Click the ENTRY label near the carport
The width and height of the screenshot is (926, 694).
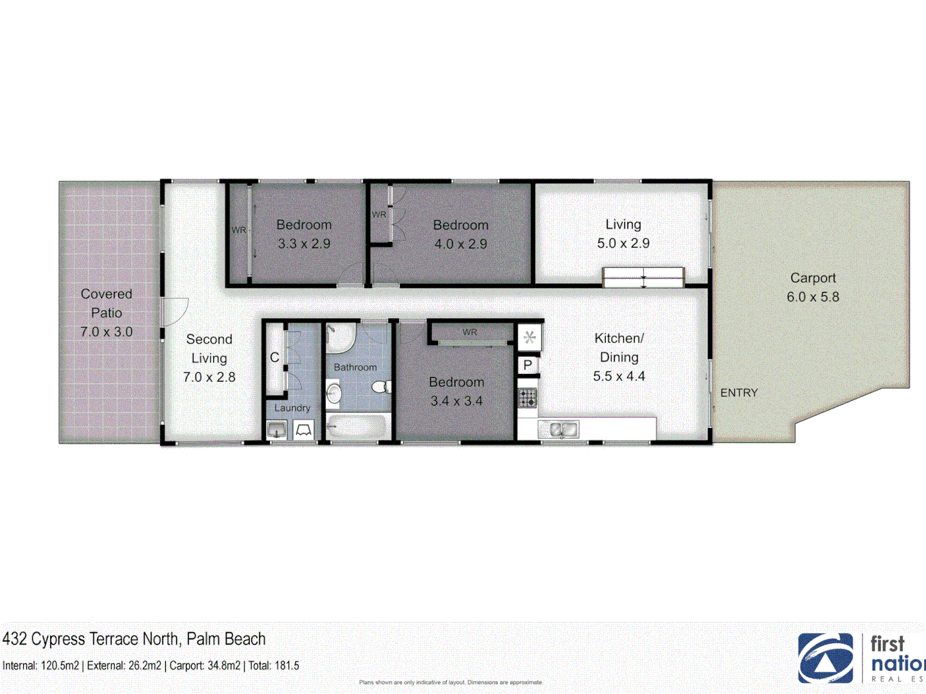(x=739, y=393)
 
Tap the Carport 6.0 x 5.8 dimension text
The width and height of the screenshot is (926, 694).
(x=813, y=297)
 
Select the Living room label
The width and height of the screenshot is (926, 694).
(x=623, y=225)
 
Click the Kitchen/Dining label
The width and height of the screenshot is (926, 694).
(x=619, y=348)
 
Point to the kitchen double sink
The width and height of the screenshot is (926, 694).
(x=559, y=429)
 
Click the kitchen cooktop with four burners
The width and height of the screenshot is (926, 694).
(x=528, y=398)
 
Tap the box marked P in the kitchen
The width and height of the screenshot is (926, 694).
(x=528, y=365)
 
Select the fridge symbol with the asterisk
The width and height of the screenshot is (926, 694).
(x=529, y=337)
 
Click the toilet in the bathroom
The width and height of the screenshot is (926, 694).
(x=381, y=387)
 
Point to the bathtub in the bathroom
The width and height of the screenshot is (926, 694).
(x=357, y=426)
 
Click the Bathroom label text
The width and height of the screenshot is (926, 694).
(x=355, y=368)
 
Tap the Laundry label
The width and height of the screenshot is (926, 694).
(x=292, y=408)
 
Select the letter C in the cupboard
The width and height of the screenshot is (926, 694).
(x=275, y=357)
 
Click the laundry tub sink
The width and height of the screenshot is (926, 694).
(x=277, y=429)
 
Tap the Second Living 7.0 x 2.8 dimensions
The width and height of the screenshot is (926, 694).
(x=209, y=377)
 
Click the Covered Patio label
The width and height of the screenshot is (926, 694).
(x=106, y=303)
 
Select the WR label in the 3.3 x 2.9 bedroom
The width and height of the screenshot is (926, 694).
(x=239, y=230)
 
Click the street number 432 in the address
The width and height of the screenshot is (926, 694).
(x=15, y=639)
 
